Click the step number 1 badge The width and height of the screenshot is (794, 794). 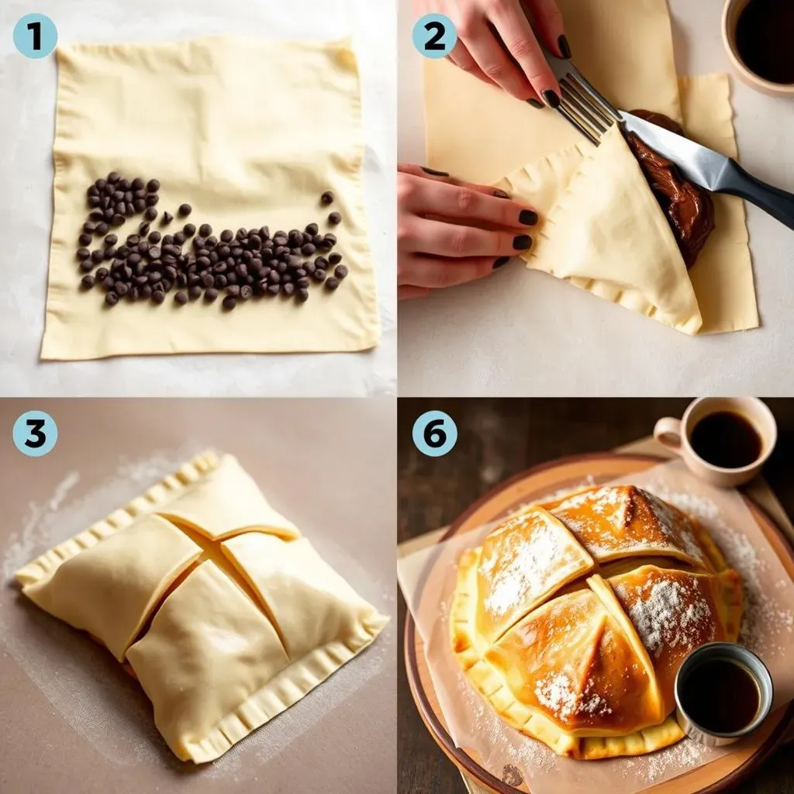[35, 36]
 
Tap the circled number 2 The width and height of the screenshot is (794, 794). [433, 36]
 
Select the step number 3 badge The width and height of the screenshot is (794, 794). [35, 433]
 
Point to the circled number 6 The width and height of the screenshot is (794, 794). [433, 433]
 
